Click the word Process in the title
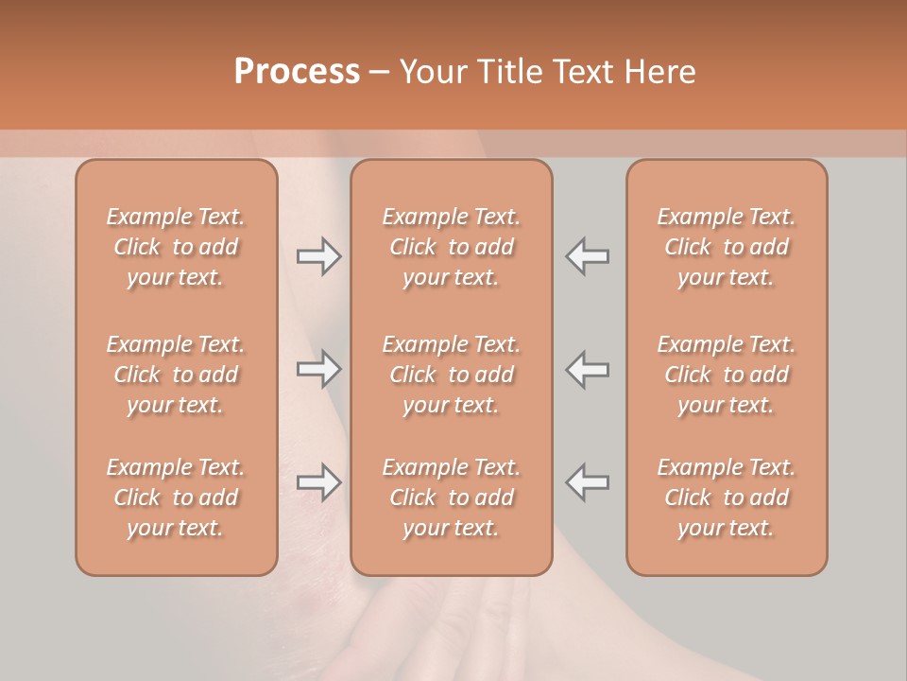tap(297, 72)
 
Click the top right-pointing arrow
tap(318, 256)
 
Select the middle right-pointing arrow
tap(318, 369)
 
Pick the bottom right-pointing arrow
tap(318, 482)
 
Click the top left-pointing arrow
tap(588, 256)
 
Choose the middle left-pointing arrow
tap(588, 369)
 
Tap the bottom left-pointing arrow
tap(588, 482)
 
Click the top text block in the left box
tap(176, 247)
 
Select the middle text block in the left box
tap(176, 375)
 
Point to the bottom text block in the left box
tap(176, 498)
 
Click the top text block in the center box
tap(452, 247)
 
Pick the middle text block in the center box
tap(452, 375)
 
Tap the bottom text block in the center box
tap(452, 498)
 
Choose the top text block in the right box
tap(727, 247)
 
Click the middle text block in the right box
tap(727, 375)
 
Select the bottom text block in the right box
tap(727, 498)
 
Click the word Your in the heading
tap(434, 72)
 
